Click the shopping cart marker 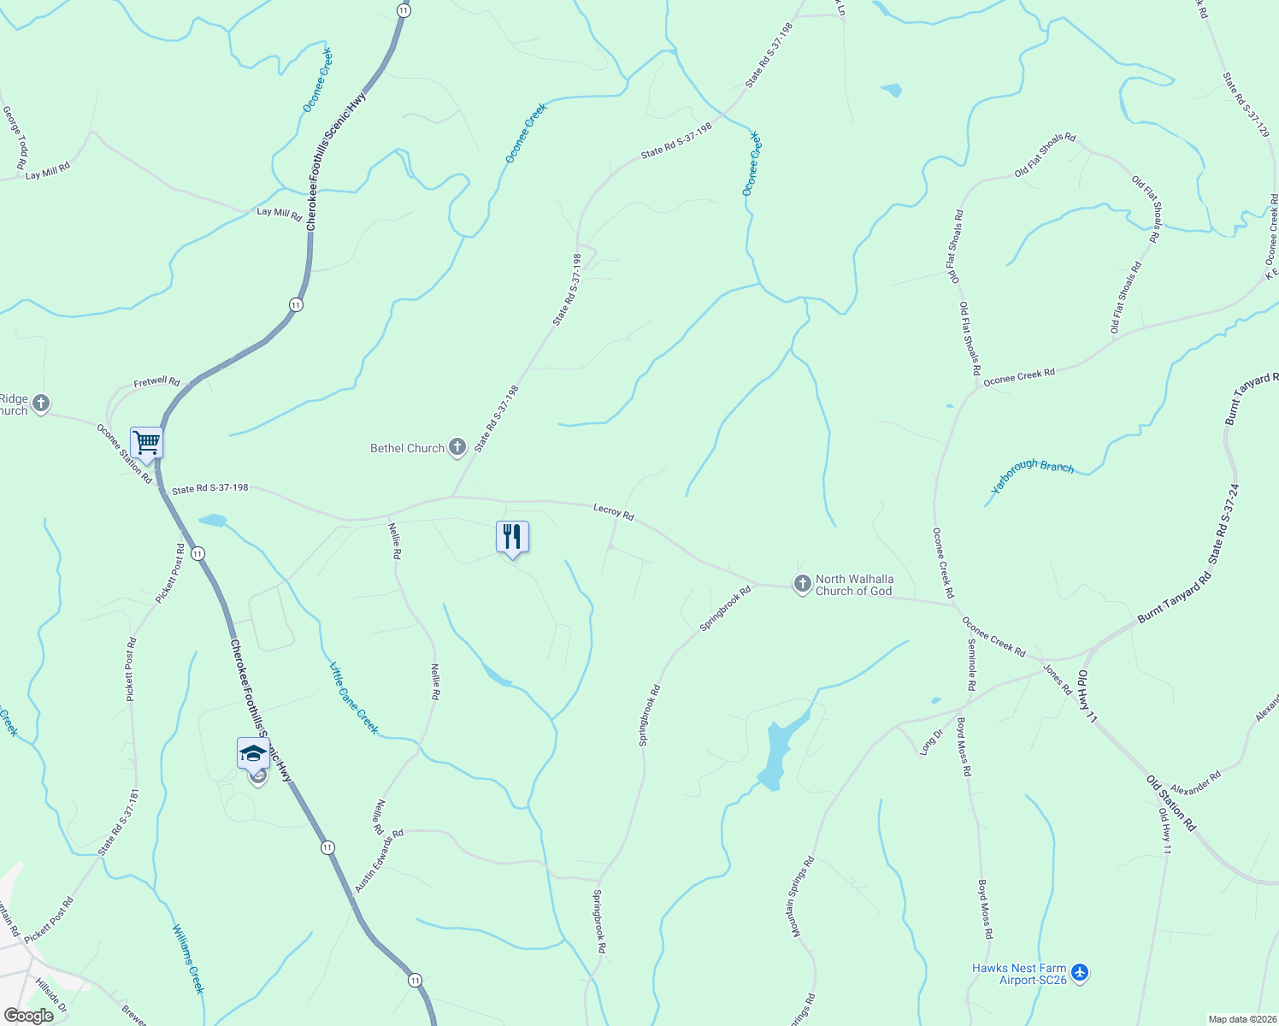coord(146,443)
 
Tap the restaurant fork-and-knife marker coord(512,537)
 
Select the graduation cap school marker coord(253,753)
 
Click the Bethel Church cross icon coord(457,447)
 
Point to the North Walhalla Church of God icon coord(802,584)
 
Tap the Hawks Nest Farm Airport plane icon coord(1080,973)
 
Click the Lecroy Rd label coord(614,512)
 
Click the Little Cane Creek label coord(354,698)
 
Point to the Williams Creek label coord(188,958)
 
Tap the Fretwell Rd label coord(157,382)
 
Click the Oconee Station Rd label coord(124,454)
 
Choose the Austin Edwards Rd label coord(379,861)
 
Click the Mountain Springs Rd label coord(803,897)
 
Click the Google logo coord(28,1016)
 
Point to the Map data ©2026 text coord(1242,1019)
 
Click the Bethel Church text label coord(407,448)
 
